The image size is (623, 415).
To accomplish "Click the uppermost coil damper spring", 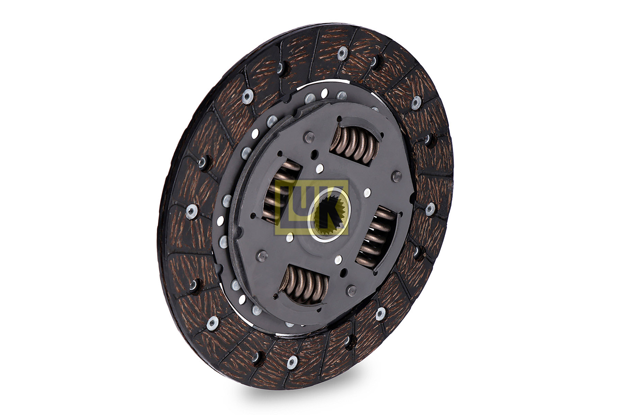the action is click(355, 144).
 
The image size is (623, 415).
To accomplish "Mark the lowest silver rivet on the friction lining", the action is click(292, 362).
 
